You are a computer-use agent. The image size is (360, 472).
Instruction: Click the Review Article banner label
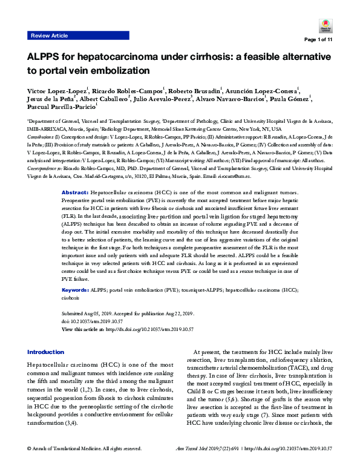click(x=49, y=36)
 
